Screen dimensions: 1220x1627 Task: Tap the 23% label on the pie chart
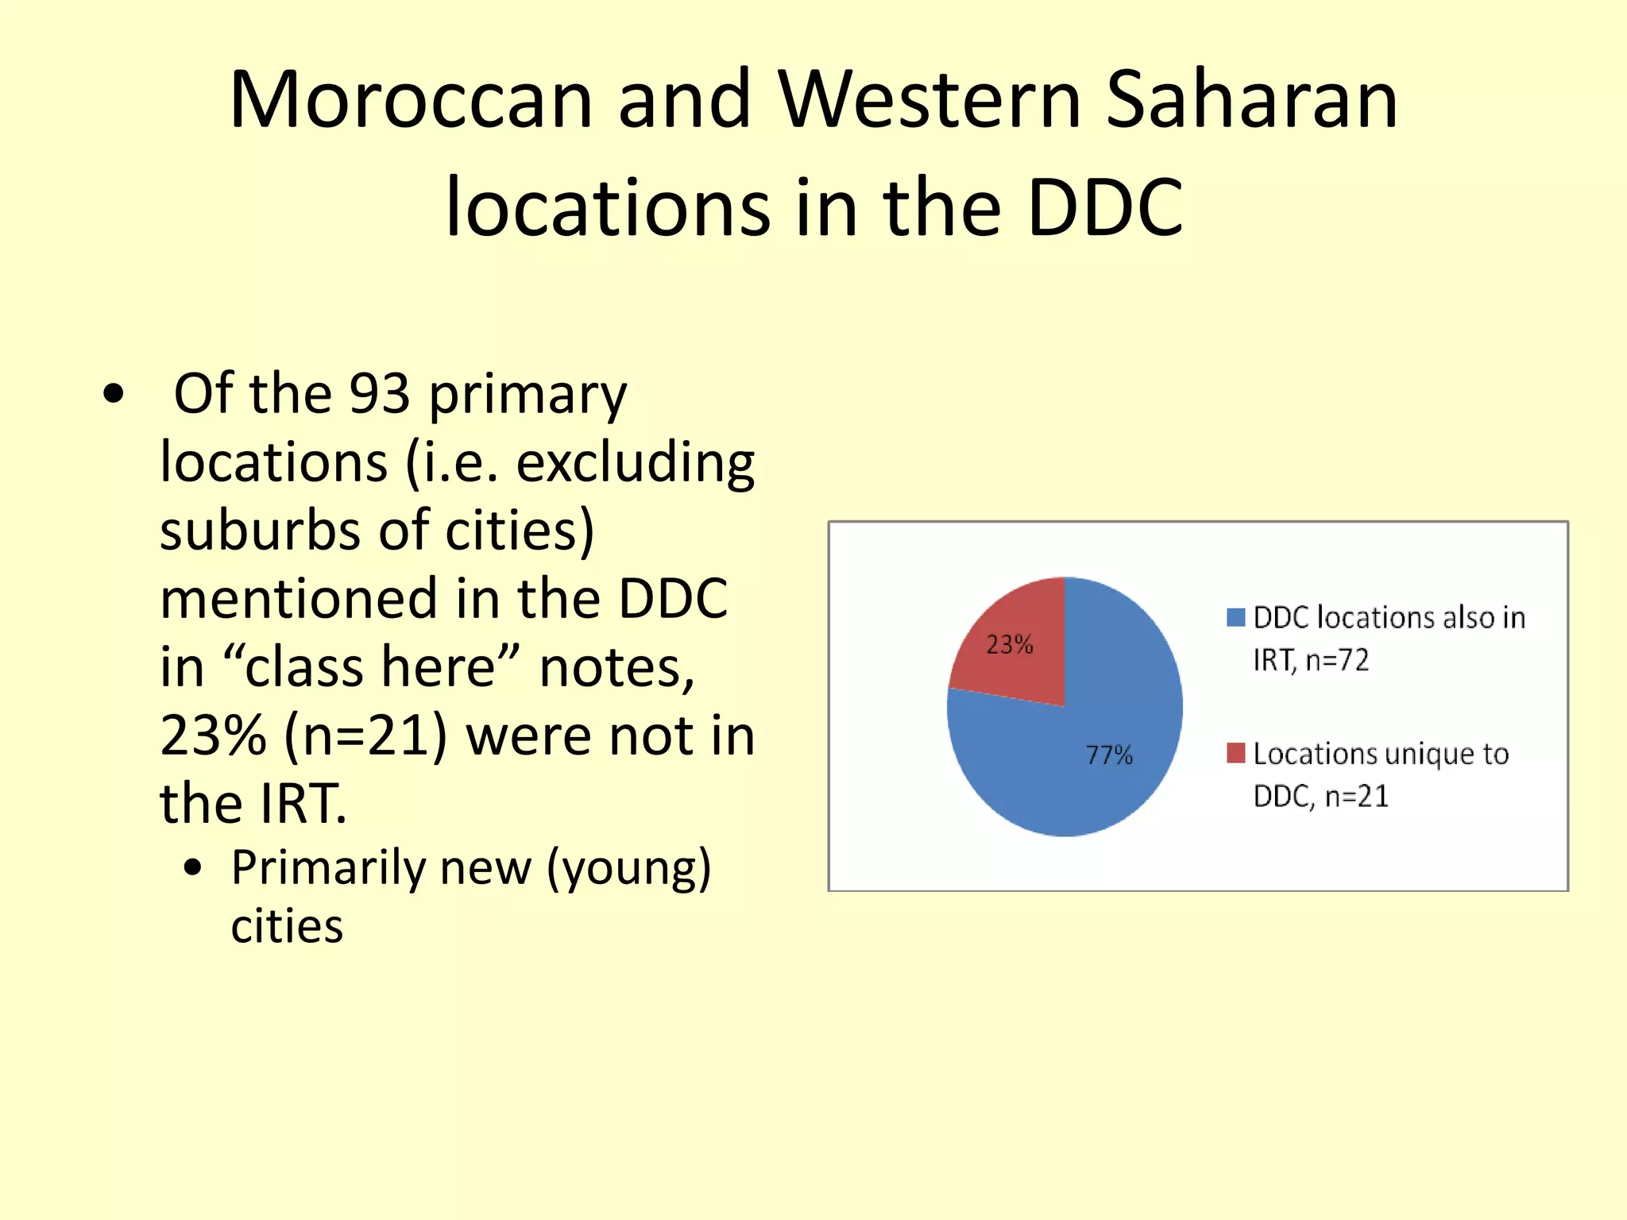(1010, 644)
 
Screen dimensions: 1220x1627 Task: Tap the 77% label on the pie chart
(1109, 755)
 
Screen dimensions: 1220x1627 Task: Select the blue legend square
(1235, 617)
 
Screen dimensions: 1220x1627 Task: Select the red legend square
(1235, 753)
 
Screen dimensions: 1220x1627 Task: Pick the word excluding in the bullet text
(635, 462)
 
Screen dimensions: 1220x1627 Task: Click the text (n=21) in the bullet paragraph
(366, 735)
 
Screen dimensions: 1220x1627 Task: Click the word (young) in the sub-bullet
(628, 867)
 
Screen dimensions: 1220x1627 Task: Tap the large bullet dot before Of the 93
(114, 394)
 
